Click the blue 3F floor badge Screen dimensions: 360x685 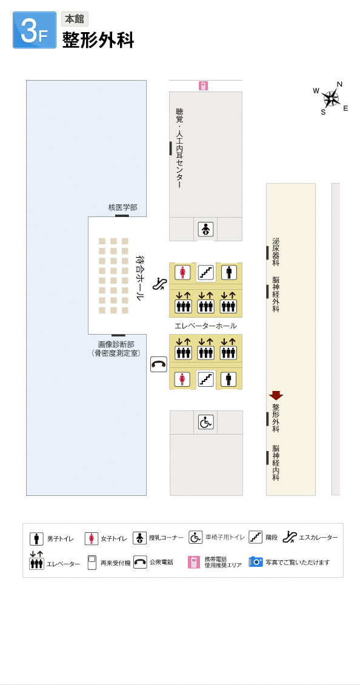coord(35,30)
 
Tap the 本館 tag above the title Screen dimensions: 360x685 coord(75,19)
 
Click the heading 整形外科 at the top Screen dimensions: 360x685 coord(98,40)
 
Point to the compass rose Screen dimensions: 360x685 coord(331,98)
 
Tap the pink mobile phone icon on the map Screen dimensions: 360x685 coord(203,86)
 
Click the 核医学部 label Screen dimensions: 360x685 coord(123,207)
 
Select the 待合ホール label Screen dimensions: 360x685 coord(139,278)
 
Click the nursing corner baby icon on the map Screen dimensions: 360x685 coord(205,229)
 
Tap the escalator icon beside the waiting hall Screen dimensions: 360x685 coord(159,284)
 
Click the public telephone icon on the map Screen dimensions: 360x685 coord(159,364)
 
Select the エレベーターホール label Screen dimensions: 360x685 coord(205,326)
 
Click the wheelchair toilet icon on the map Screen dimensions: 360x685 coord(206,422)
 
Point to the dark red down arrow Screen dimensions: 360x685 coord(276,395)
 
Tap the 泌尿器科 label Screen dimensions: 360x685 coord(276,252)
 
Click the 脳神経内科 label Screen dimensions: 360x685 coord(276,463)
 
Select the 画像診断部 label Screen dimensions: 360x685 coord(116,344)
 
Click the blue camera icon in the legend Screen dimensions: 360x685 coord(256,562)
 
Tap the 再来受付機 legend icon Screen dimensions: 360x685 coord(92,563)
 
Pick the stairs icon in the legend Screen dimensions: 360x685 coord(256,537)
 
